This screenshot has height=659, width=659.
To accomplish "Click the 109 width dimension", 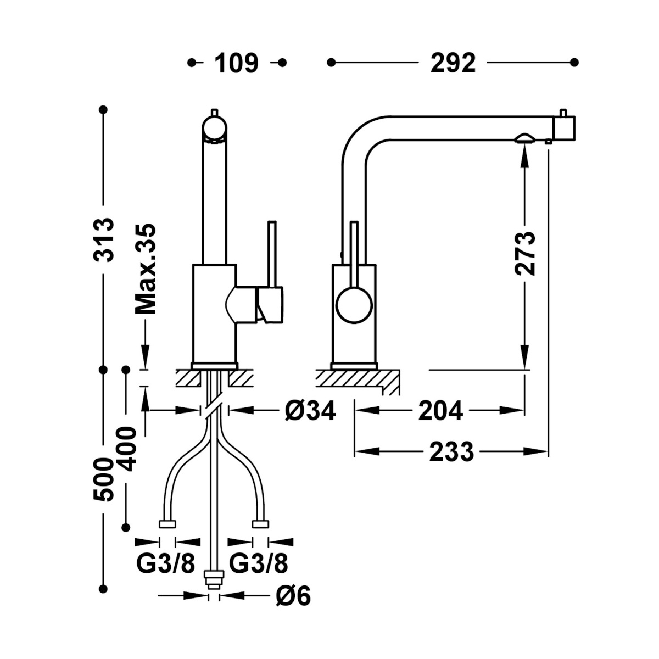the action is (x=236, y=63).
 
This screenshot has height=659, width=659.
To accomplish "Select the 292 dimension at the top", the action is (x=453, y=63).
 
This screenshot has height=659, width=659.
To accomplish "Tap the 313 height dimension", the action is (x=104, y=239).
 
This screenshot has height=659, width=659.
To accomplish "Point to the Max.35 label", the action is (x=146, y=269).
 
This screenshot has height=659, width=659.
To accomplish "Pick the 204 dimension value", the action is (x=441, y=410).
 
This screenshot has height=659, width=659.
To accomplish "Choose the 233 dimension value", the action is (x=452, y=452).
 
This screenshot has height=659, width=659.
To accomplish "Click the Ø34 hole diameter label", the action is (x=310, y=410).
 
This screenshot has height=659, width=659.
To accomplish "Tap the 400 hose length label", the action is (x=126, y=449).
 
